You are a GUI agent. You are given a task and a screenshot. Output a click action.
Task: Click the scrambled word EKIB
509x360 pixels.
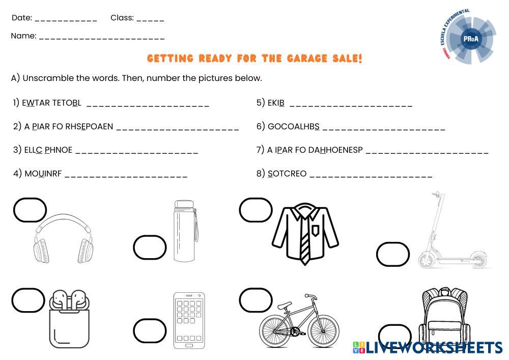pos(276,103)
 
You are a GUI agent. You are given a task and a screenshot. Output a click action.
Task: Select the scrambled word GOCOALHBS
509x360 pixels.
pos(294,126)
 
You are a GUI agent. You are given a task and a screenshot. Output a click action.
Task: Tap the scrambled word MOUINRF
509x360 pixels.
pos(43,174)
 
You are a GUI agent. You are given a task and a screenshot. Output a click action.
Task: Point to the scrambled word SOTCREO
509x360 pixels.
pos(287,174)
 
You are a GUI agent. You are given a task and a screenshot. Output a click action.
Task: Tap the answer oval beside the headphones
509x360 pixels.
pos(30,210)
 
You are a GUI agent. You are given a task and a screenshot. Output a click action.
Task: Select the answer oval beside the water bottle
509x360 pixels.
pos(150,247)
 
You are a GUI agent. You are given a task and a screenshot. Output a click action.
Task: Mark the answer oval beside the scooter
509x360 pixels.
pos(393,254)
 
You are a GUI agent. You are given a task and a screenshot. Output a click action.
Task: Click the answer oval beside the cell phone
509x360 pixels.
pos(150,331)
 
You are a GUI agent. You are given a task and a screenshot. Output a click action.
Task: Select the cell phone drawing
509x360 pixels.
pos(189,320)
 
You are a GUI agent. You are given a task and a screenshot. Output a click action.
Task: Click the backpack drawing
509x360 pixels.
pos(444,317)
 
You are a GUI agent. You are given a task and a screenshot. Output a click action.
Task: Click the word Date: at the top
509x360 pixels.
pos(22,18)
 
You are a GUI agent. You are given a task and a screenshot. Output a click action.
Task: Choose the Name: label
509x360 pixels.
pos(23,36)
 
